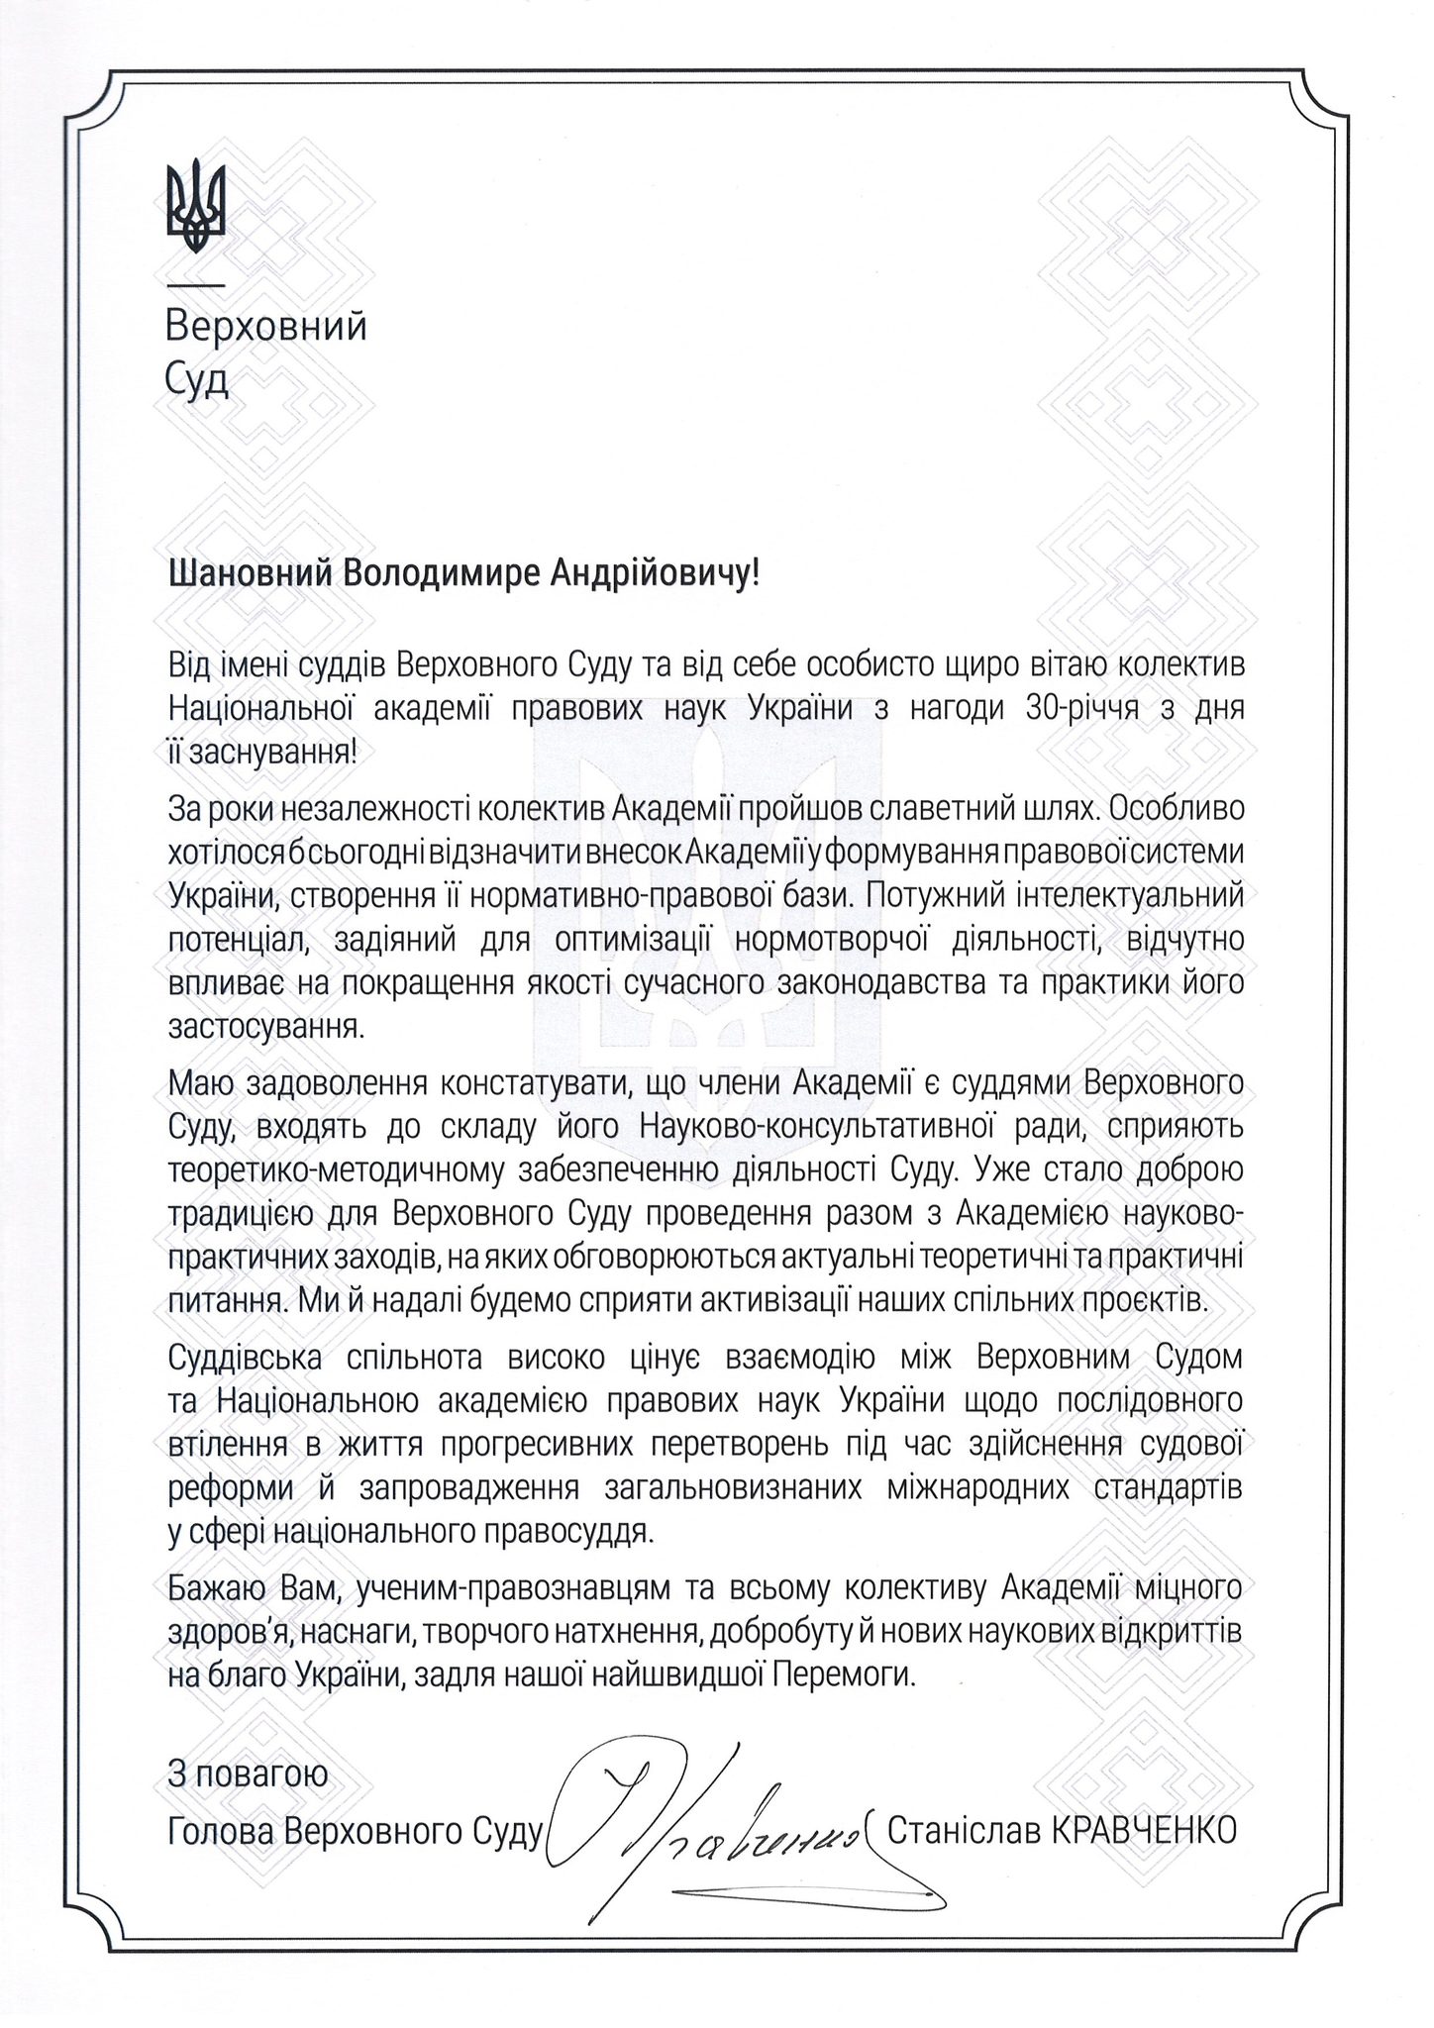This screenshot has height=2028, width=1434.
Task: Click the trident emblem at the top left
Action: (x=195, y=204)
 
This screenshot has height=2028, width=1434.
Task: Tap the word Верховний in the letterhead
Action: (x=266, y=326)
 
